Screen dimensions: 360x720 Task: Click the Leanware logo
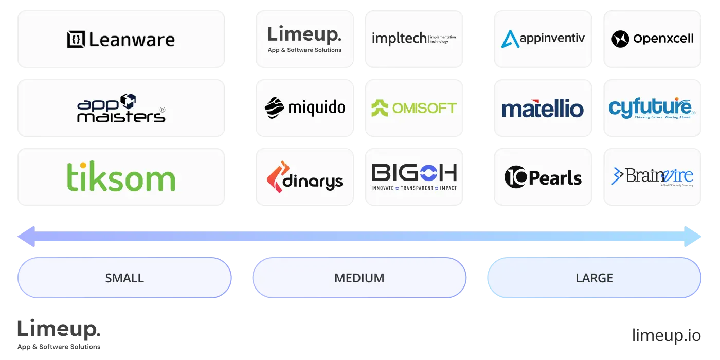click(x=121, y=40)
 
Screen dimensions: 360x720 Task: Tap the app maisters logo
click(x=121, y=108)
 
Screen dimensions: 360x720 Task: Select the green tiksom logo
click(x=121, y=177)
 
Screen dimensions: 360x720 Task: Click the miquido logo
click(x=304, y=108)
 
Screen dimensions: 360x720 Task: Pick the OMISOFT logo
click(x=413, y=108)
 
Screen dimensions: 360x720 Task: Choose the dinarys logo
click(x=304, y=177)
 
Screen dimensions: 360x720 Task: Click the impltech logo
click(x=413, y=39)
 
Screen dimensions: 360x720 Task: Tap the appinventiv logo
click(x=543, y=39)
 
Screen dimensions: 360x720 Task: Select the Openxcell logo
click(x=652, y=39)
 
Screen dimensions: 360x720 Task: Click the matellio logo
click(x=543, y=109)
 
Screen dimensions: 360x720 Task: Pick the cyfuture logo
click(x=652, y=108)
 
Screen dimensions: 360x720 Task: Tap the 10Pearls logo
click(x=543, y=177)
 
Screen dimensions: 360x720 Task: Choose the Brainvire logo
click(x=652, y=176)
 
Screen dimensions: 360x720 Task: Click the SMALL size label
click(x=124, y=278)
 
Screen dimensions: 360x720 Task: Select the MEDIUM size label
click(x=359, y=278)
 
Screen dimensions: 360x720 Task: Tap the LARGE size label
click(x=594, y=278)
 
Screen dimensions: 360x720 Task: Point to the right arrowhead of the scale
click(x=696, y=237)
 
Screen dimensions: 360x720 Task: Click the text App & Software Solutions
click(x=304, y=50)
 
